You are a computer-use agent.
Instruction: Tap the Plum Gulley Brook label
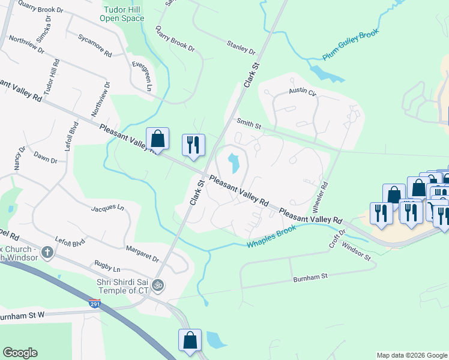coord(352,44)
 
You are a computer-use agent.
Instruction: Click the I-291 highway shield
coord(94,305)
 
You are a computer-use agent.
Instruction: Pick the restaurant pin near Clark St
coord(193,144)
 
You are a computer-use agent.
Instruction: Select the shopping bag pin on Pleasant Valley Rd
coord(157,139)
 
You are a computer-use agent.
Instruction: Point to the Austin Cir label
coord(302,92)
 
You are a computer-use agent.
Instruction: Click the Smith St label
coord(249,124)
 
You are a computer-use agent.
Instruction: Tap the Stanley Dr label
coord(241,47)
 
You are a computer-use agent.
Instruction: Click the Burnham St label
coord(309,278)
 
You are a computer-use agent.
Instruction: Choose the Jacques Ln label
coord(107,208)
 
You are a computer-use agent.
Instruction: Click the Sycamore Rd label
coord(95,45)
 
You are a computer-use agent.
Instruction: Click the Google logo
coord(20,353)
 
